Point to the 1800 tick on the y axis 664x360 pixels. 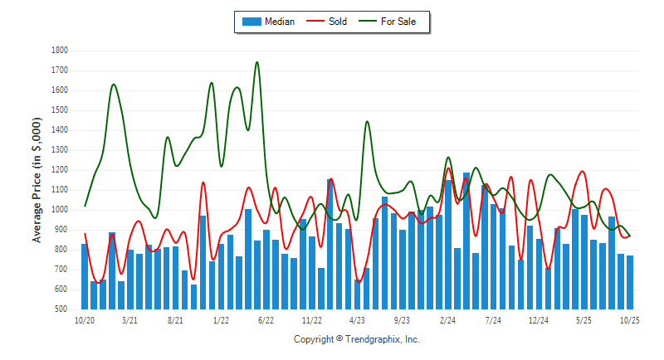[x=60, y=51]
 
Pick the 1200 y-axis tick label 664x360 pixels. [x=60, y=170]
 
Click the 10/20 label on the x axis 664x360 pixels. [x=84, y=319]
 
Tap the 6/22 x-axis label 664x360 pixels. [x=266, y=319]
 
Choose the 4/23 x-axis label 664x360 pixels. [x=357, y=319]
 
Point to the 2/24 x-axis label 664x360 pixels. [x=448, y=319]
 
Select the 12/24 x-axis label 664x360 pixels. [x=539, y=319]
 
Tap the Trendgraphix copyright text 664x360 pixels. [x=357, y=339]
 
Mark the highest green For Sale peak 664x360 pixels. [x=256, y=62]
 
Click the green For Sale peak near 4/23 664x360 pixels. [x=367, y=122]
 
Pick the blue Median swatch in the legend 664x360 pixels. [x=251, y=22]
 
